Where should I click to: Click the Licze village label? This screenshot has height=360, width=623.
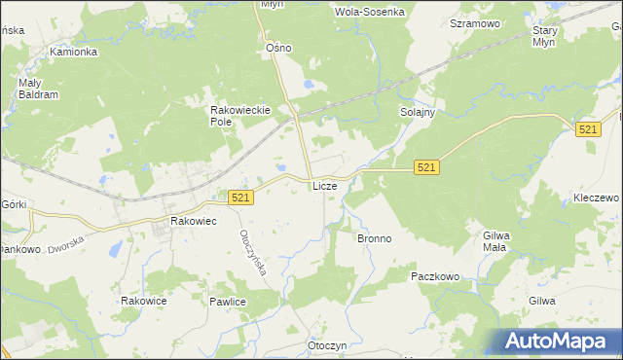tap(324, 186)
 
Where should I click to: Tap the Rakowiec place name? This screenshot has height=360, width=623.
tap(193, 222)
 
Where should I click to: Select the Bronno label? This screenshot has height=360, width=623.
tap(374, 238)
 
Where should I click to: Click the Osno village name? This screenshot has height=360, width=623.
tap(279, 48)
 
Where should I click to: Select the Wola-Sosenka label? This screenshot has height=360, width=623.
tap(369, 13)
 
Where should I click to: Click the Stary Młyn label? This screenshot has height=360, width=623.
tap(544, 36)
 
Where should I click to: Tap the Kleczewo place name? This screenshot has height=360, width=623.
tap(596, 198)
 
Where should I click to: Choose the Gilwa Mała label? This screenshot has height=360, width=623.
tap(496, 241)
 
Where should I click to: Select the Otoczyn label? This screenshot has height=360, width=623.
tap(327, 346)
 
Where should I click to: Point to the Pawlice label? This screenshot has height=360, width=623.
tap(227, 303)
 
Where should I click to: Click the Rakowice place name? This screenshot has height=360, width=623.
tap(144, 302)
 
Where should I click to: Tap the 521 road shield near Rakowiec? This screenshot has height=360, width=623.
tap(242, 198)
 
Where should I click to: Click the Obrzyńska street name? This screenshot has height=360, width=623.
tap(253, 257)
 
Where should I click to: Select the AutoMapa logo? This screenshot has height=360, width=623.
tap(559, 341)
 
